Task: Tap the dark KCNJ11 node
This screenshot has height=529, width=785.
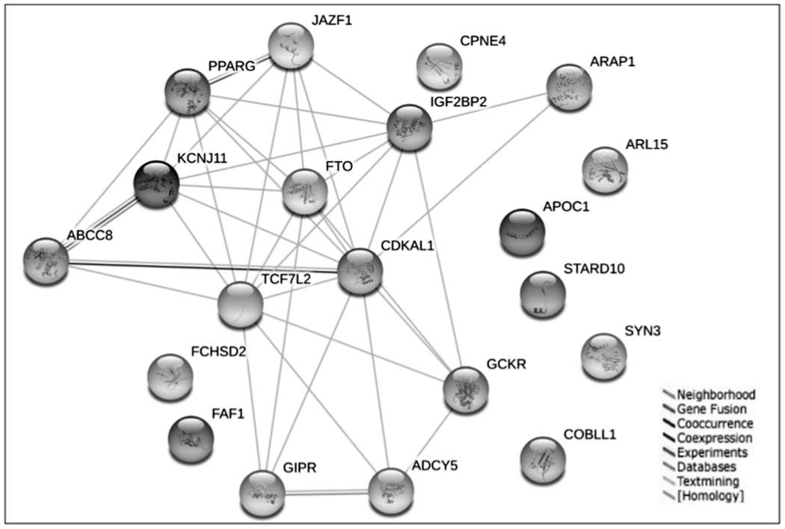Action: (156, 186)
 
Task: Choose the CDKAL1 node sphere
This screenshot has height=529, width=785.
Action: (360, 272)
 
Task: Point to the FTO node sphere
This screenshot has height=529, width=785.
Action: (304, 192)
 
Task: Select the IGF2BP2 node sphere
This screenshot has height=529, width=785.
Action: (410, 128)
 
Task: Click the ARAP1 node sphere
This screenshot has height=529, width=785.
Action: (569, 88)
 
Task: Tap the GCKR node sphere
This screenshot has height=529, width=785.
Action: (466, 389)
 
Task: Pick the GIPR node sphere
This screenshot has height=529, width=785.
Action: (262, 493)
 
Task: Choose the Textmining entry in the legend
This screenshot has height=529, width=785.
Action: (706, 482)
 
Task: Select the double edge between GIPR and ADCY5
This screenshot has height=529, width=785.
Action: (327, 492)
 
